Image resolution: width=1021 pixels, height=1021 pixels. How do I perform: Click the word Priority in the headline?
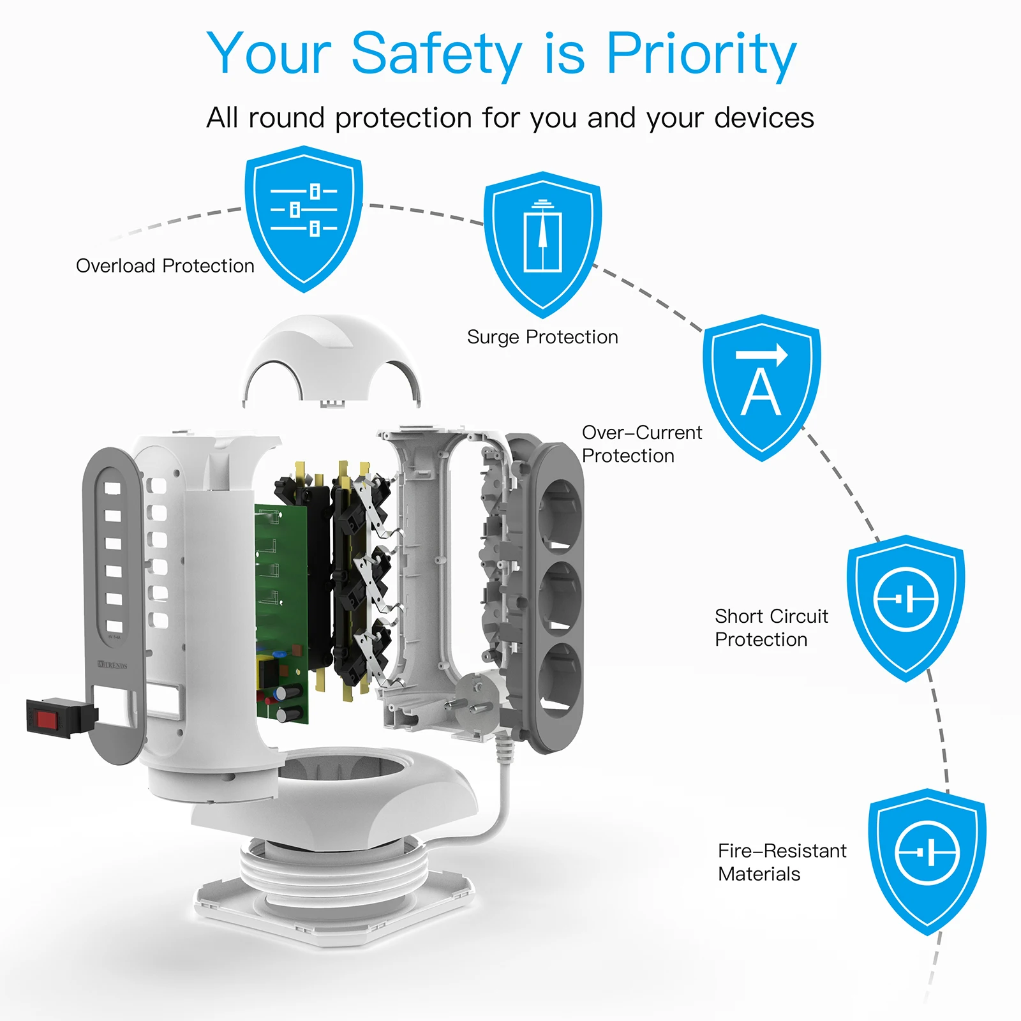701,54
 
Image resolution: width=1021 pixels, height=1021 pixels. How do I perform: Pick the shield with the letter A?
761,387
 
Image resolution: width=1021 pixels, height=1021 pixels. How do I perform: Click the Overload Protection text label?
165,266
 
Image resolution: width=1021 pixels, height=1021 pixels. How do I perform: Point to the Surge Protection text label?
542,337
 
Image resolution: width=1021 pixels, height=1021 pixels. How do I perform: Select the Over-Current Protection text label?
641,444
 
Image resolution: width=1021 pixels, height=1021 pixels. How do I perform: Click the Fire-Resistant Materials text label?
781,862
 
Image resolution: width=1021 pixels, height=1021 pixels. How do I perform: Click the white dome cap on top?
331,357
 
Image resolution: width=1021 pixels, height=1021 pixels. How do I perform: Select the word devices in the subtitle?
764,118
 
